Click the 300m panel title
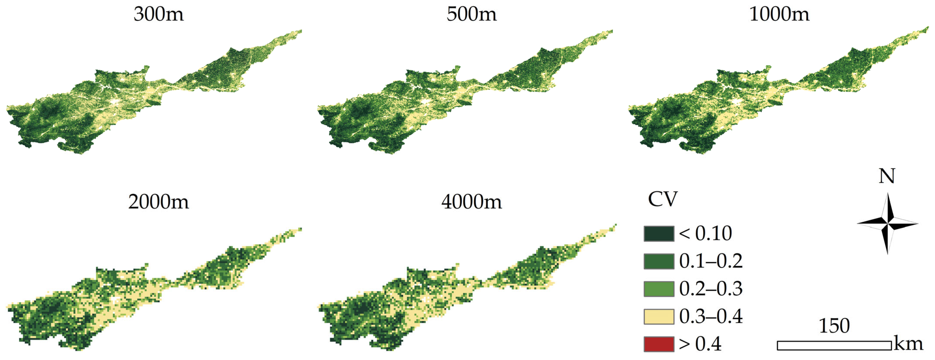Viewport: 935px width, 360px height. (x=159, y=15)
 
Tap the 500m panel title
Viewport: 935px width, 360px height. (x=471, y=15)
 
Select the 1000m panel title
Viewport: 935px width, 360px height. (x=779, y=15)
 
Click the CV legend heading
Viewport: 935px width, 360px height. (x=663, y=199)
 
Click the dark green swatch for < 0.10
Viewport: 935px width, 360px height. (x=659, y=234)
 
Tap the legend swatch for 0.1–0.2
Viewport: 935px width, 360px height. (x=659, y=261)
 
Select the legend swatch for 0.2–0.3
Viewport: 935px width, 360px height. (x=659, y=289)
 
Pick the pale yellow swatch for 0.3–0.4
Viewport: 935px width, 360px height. (x=659, y=316)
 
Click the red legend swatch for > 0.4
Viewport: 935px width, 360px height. (x=659, y=344)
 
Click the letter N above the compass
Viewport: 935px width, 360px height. (x=887, y=176)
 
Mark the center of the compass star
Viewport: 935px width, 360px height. (x=887, y=224)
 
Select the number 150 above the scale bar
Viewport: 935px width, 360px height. (x=834, y=326)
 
